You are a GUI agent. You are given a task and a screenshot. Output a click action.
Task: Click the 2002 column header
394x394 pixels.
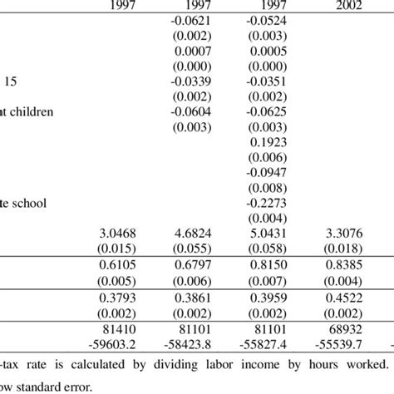click(342, 7)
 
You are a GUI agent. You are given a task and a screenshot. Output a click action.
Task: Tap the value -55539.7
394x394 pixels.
click(341, 344)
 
